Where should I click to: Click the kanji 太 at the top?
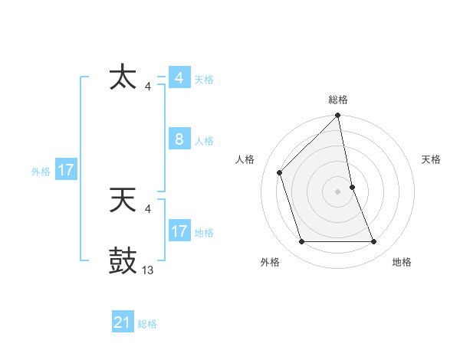pyautogui.click(x=123, y=78)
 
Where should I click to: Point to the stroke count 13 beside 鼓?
pyautogui.click(x=148, y=270)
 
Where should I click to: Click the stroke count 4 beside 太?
pyautogui.click(x=147, y=86)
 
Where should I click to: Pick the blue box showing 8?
pyautogui.click(x=179, y=139)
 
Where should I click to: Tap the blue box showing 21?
pyautogui.click(x=123, y=322)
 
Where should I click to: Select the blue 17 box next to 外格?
pyautogui.click(x=65, y=170)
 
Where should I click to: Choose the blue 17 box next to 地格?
pyautogui.click(x=179, y=231)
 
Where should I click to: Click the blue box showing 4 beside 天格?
pyautogui.click(x=179, y=78)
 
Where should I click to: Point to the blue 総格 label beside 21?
pyautogui.click(x=147, y=324)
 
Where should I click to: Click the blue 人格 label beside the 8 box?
pyautogui.click(x=204, y=141)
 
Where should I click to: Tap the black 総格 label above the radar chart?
pyautogui.click(x=338, y=100)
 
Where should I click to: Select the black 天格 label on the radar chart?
pyautogui.click(x=431, y=159)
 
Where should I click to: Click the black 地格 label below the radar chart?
pyautogui.click(x=402, y=263)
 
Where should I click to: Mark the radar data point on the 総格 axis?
pyautogui.click(x=338, y=116)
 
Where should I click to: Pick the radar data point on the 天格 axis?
pyautogui.click(x=352, y=187)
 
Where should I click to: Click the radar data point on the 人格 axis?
pyautogui.click(x=280, y=172)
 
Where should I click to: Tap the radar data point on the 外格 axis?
pyautogui.click(x=302, y=241)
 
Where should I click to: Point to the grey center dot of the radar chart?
pyautogui.click(x=338, y=191)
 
